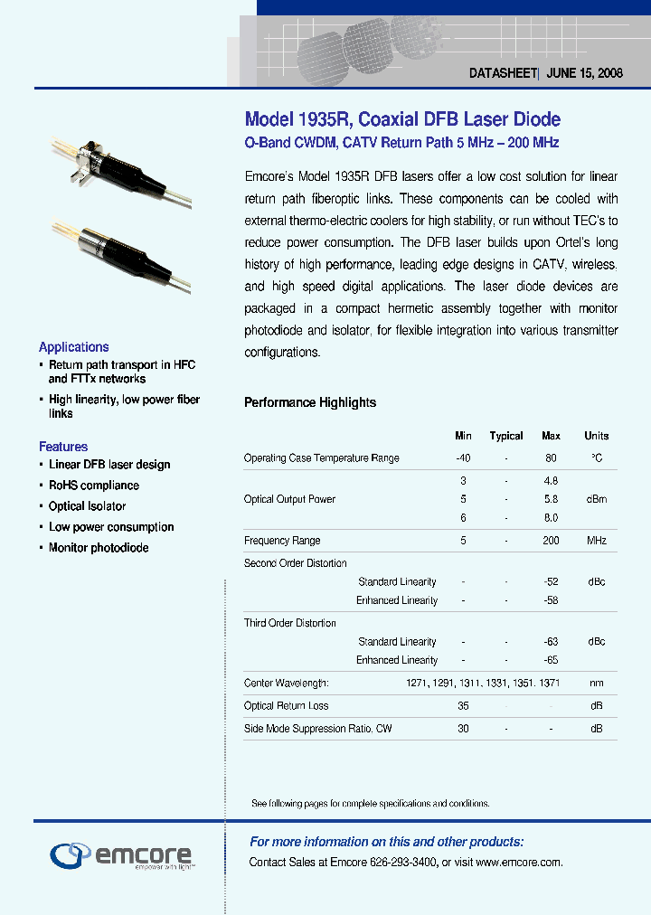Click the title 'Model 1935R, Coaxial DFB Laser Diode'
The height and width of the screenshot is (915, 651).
click(x=402, y=119)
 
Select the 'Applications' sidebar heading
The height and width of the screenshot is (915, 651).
click(x=74, y=347)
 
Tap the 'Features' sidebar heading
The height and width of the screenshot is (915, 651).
click(x=63, y=447)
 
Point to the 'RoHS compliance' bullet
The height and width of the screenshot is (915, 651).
click(x=94, y=486)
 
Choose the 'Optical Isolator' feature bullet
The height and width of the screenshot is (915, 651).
click(x=87, y=506)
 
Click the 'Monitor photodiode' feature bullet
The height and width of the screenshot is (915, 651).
click(x=99, y=548)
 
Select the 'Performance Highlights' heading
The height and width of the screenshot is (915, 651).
click(x=310, y=402)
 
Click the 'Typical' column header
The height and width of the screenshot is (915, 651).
click(x=506, y=436)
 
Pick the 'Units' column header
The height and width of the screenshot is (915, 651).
click(x=597, y=436)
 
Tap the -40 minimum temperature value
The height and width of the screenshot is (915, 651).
click(x=463, y=458)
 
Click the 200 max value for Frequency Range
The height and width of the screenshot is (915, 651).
click(x=551, y=541)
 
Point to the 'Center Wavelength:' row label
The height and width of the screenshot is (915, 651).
click(x=287, y=684)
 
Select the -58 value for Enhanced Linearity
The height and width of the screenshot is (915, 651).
click(x=551, y=600)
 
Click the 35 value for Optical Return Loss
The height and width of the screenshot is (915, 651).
click(x=463, y=706)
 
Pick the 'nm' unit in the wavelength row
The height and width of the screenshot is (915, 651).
click(x=597, y=684)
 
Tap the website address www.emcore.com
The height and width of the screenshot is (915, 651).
click(x=518, y=863)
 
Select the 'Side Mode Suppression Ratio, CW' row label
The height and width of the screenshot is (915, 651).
click(x=317, y=729)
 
